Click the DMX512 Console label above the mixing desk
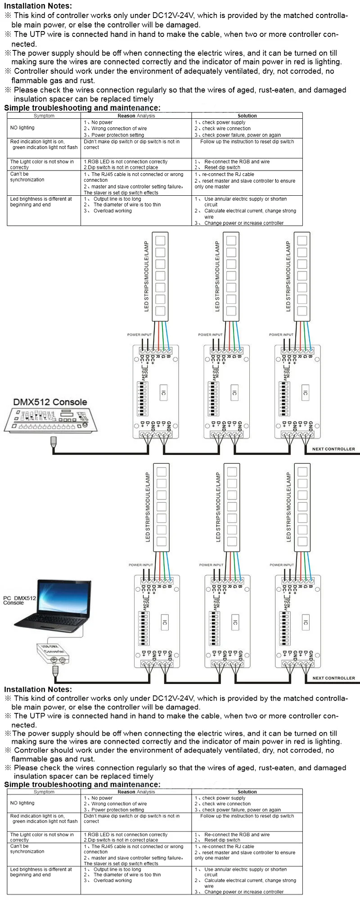[x=50, y=402]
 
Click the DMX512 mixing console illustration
[x=51, y=420]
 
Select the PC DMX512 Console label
[x=19, y=600]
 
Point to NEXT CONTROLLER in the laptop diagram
[x=333, y=678]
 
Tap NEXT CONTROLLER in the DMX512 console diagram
[x=333, y=449]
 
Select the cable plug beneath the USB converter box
[x=55, y=671]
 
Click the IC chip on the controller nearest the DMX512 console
[x=163, y=393]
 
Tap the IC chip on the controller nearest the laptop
[x=165, y=622]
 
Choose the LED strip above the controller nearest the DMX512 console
[x=160, y=276]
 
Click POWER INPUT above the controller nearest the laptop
[x=141, y=565]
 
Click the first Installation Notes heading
[x=38, y=6]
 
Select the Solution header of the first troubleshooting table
[x=247, y=116]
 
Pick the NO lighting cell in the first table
[x=22, y=128]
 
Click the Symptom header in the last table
[x=44, y=792]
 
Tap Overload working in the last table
[x=112, y=880]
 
